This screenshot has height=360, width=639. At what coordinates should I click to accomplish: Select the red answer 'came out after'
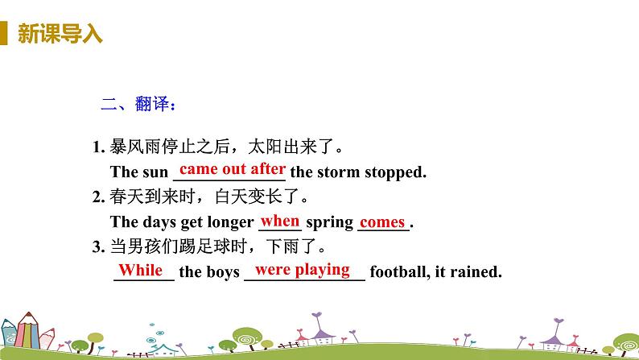[x=232, y=169]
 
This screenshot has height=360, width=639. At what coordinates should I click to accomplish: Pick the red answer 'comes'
[x=382, y=221]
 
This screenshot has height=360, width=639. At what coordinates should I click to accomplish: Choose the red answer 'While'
[x=141, y=271]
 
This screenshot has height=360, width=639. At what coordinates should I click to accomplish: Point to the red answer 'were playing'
[x=303, y=270]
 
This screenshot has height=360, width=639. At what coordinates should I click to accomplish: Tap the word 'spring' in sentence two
[x=330, y=222]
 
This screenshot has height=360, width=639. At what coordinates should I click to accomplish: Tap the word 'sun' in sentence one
[x=155, y=172]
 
